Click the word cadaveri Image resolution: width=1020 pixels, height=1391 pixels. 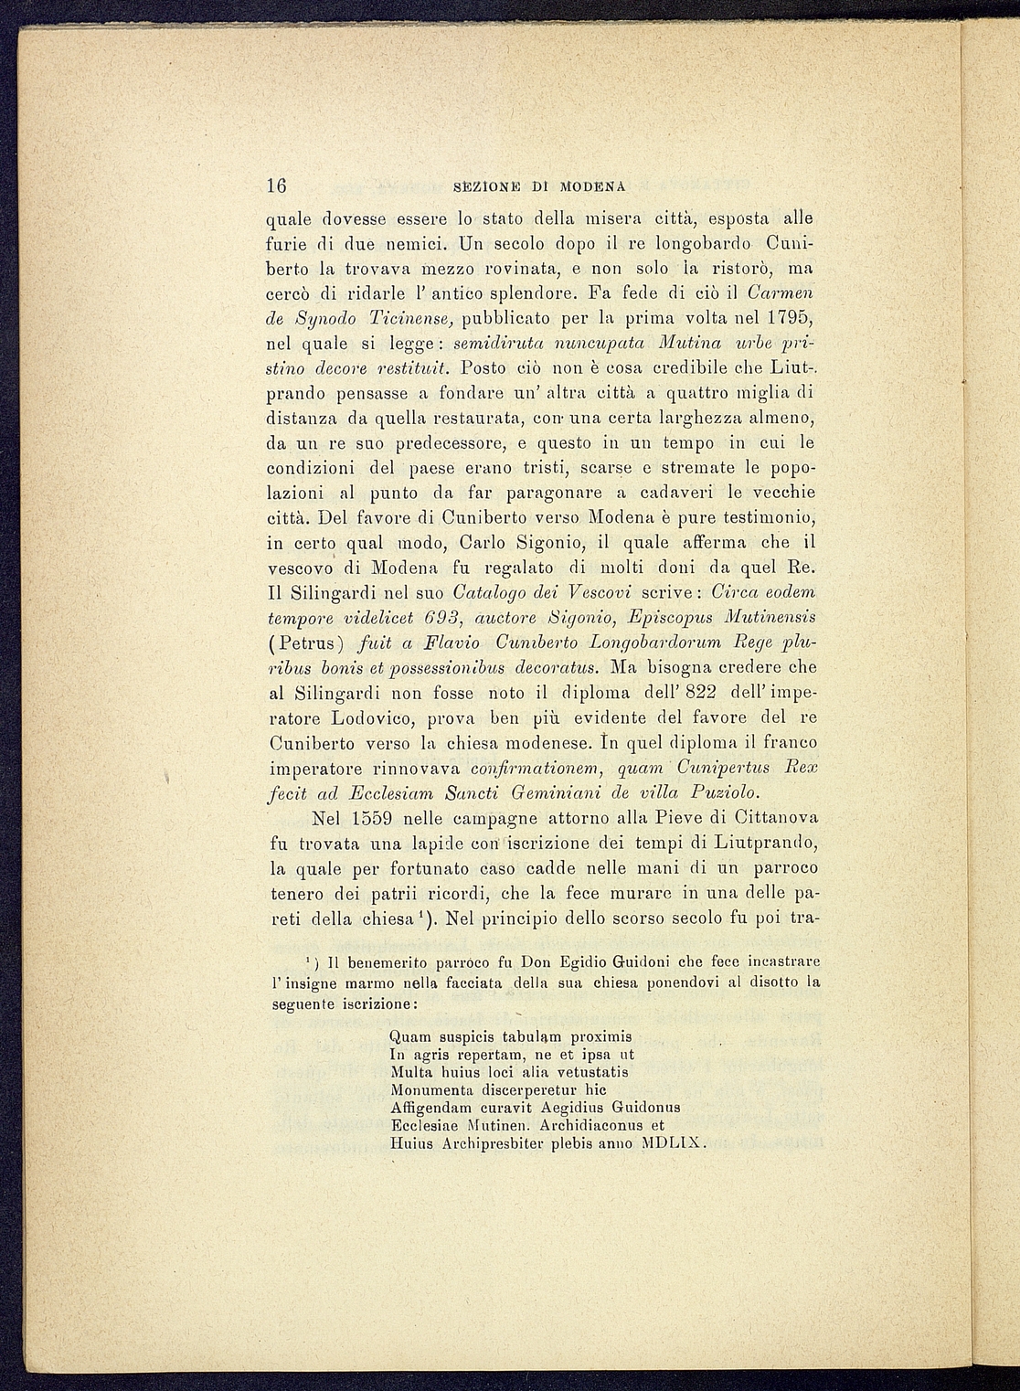671,494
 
